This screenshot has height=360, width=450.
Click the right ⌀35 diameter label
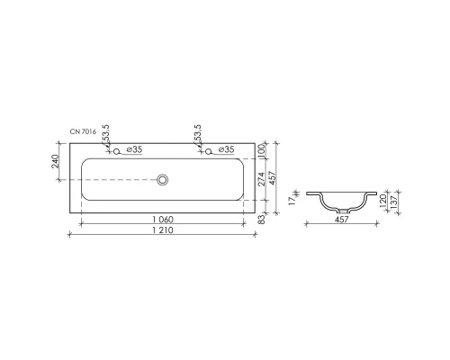(x=227, y=149)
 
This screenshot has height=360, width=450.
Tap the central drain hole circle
(x=163, y=180)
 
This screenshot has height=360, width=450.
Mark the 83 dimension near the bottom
(x=262, y=218)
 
